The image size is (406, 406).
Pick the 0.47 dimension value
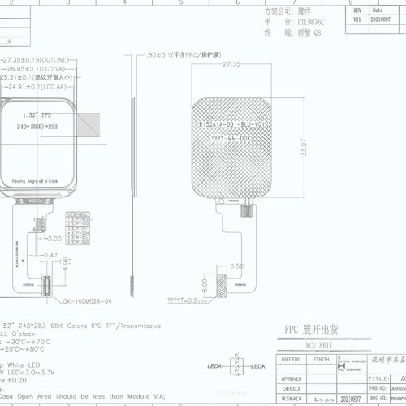[50, 255]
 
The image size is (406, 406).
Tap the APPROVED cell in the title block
[293, 378]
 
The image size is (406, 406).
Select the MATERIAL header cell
[292, 358]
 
